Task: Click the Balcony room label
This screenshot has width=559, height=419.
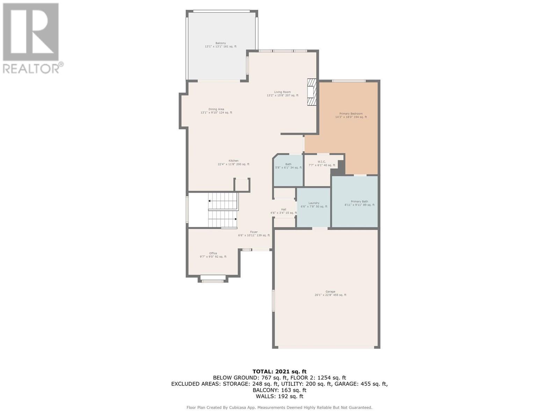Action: (x=220, y=45)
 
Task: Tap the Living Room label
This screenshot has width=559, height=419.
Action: (x=282, y=94)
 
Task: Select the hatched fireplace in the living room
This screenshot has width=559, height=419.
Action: (x=311, y=92)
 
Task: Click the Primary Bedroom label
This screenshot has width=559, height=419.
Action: (x=351, y=115)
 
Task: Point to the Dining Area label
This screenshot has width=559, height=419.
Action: (x=216, y=111)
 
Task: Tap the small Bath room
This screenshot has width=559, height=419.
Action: (x=288, y=170)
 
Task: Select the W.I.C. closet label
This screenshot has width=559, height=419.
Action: (x=322, y=163)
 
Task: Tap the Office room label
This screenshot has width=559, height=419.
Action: (x=213, y=255)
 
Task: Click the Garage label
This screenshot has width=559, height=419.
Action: (x=330, y=293)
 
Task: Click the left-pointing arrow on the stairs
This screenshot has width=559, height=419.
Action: (x=210, y=201)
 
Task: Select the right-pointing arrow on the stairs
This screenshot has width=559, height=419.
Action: (x=236, y=219)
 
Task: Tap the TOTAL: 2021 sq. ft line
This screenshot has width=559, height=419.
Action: (x=279, y=372)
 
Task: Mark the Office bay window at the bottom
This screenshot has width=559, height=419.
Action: (x=213, y=279)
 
